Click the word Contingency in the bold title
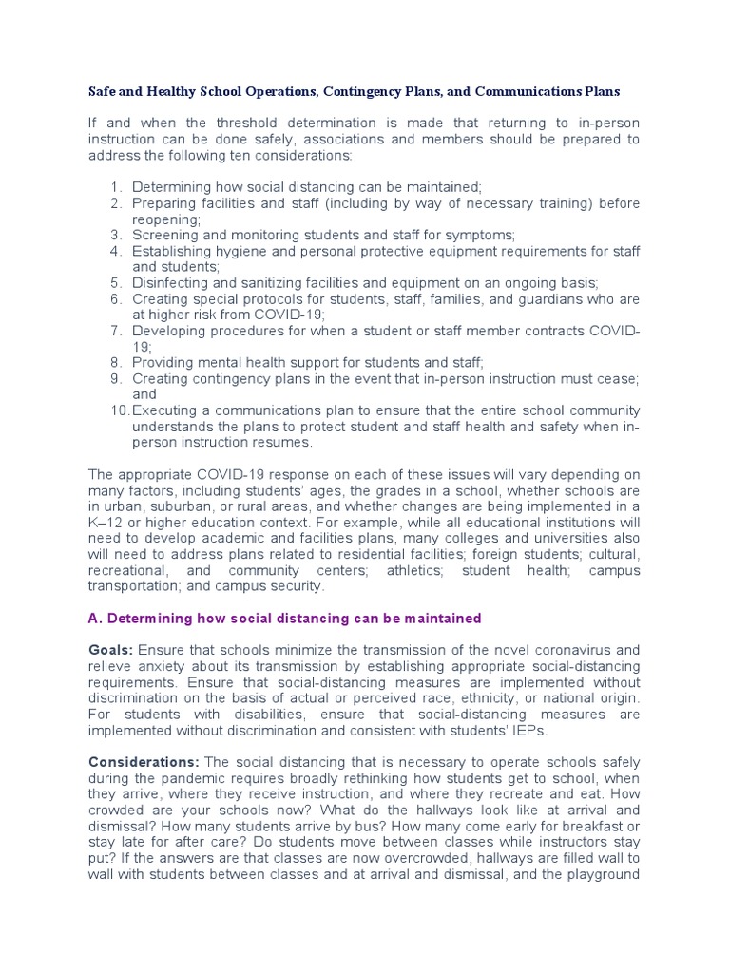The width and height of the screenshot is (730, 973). (x=364, y=92)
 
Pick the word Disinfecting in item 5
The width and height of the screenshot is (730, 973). (x=170, y=282)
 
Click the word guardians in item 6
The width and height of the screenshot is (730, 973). (x=556, y=298)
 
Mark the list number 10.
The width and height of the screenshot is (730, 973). (x=119, y=410)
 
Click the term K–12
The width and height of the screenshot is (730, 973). (x=105, y=523)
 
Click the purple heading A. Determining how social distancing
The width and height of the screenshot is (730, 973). (x=284, y=619)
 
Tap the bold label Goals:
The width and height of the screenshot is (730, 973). (x=110, y=650)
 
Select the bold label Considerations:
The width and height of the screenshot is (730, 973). (x=144, y=762)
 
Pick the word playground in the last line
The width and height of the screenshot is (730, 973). (x=603, y=874)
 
